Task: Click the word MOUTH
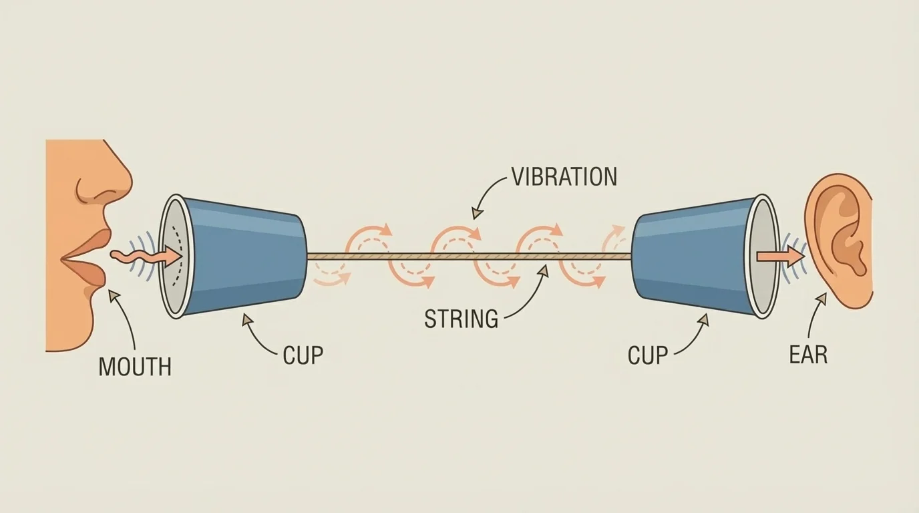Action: (135, 367)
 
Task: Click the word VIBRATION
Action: (564, 177)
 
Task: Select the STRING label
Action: (462, 319)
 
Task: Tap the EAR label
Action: (808, 355)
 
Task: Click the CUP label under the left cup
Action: (303, 355)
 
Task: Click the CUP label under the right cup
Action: (647, 355)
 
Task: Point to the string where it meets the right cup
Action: (630, 256)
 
